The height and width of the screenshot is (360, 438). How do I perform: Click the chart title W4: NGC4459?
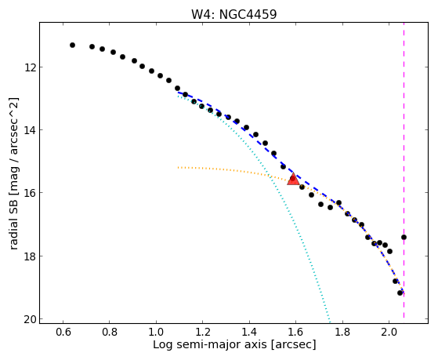(233, 14)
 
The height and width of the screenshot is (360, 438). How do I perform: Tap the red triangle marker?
(293, 179)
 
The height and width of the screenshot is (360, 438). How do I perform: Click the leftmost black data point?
(72, 45)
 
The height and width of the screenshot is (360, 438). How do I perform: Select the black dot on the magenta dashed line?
(404, 237)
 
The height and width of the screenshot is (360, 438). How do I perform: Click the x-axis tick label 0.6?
(63, 332)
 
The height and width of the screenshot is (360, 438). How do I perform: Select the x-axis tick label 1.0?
(156, 332)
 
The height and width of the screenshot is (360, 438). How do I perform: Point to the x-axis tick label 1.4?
(249, 332)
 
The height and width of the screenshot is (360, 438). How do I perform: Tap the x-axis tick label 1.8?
(342, 332)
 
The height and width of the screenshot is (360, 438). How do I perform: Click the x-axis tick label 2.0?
(389, 332)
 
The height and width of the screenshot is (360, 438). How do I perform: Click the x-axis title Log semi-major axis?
(210, 345)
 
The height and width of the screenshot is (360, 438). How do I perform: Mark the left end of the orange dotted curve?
(178, 168)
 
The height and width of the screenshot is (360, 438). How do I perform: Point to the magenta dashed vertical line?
(404, 170)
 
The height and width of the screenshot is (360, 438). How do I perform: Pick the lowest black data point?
(400, 293)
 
